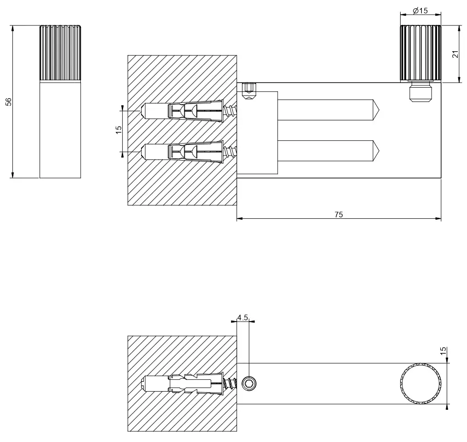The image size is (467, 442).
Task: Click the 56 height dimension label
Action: pyautogui.click(x=9, y=102)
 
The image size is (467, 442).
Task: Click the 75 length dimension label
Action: pyautogui.click(x=339, y=215)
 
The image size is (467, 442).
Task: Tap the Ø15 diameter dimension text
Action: pyautogui.click(x=420, y=11)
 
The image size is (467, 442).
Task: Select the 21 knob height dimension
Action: pyautogui.click(x=455, y=54)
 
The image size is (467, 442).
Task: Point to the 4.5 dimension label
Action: pyautogui.click(x=243, y=317)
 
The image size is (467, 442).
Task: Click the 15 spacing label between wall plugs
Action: pyautogui.click(x=118, y=130)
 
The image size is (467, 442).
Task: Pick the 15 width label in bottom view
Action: pyautogui.click(x=443, y=351)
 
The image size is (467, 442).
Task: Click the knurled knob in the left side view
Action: pyautogui.click(x=60, y=53)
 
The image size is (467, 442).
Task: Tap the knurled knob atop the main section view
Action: pyautogui.click(x=420, y=53)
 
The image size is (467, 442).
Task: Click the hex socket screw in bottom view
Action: pyautogui.click(x=248, y=383)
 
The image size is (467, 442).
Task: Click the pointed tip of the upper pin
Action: pyautogui.click(x=379, y=110)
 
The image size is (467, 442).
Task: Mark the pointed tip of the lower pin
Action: pyautogui.click(x=379, y=151)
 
